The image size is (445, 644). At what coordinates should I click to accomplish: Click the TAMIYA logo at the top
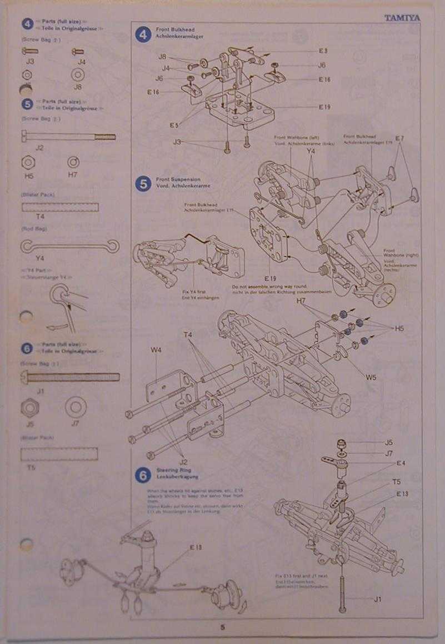coord(402,18)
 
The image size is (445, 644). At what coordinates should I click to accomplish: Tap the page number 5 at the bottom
coord(222,627)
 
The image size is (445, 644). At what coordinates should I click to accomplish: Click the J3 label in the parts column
coord(30,61)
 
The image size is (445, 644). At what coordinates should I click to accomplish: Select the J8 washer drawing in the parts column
coord(78,74)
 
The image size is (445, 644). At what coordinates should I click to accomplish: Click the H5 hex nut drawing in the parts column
coord(28,162)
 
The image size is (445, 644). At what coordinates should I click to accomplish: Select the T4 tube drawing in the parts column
coord(59,207)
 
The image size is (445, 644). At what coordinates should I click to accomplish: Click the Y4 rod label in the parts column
coord(39,258)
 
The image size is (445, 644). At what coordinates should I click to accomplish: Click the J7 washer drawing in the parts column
coord(76,407)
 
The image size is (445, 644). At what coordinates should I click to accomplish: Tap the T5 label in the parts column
coord(31,467)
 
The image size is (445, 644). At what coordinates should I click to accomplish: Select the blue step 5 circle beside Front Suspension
coord(143,183)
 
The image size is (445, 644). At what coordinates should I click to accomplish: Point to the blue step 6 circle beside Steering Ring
coord(143,475)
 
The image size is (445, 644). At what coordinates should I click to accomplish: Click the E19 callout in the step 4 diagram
coord(324,106)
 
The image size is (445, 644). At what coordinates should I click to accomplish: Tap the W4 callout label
coord(156,350)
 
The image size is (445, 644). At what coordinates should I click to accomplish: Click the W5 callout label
coord(371,377)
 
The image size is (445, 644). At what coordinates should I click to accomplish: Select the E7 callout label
coord(400,137)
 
